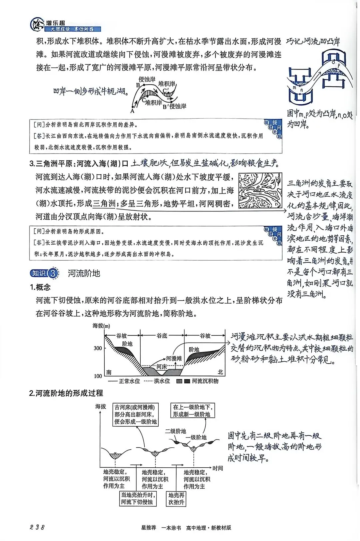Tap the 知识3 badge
(x=44, y=273)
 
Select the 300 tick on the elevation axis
(x=98, y=348)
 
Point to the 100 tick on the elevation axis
(x=98, y=376)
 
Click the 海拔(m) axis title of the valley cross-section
(x=101, y=326)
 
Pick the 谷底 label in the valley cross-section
(x=162, y=336)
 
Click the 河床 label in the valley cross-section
(x=162, y=367)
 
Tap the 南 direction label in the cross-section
(x=109, y=372)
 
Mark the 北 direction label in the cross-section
(x=220, y=372)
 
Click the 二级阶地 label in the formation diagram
(x=176, y=431)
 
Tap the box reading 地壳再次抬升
(x=176, y=499)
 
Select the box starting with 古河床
(x=135, y=414)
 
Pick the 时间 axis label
(x=218, y=468)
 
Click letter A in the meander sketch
(x=132, y=111)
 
